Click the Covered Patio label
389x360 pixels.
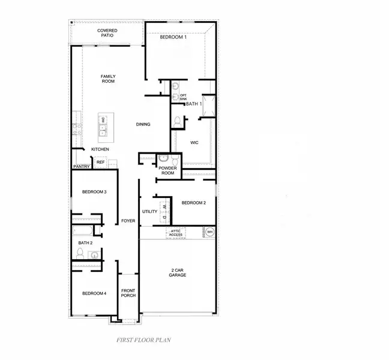[x=107, y=33]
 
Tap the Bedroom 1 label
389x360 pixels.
[x=173, y=38]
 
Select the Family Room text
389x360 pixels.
[x=108, y=79]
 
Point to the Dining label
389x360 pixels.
[x=143, y=125]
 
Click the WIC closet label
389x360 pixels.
[x=194, y=143]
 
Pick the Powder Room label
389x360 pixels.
[x=166, y=170]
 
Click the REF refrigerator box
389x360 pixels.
[x=100, y=163]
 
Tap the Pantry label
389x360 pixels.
[x=81, y=167]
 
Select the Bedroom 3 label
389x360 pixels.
[x=94, y=192]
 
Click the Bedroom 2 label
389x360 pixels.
[x=193, y=203]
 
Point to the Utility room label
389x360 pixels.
[x=149, y=211]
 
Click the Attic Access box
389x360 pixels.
[x=176, y=232]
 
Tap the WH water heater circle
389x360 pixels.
[x=210, y=232]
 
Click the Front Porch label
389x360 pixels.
[x=128, y=293]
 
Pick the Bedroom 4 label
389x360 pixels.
[x=94, y=293]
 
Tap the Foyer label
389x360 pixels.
[x=128, y=221]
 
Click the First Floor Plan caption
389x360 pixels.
[x=143, y=340]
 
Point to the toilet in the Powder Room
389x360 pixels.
[x=172, y=160]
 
